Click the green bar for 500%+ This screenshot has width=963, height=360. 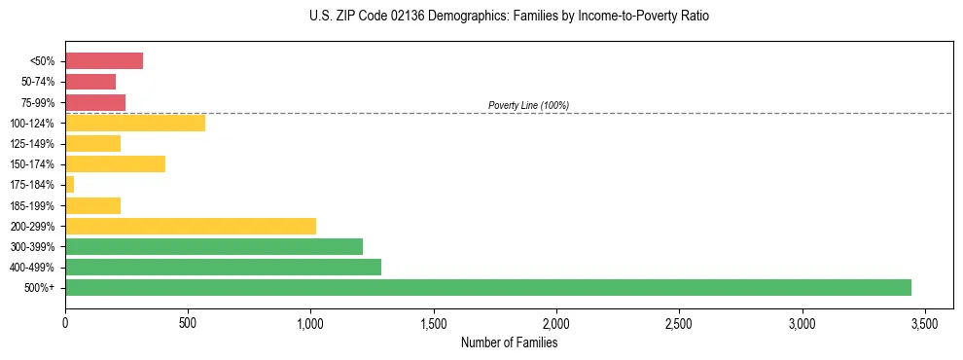tap(487, 287)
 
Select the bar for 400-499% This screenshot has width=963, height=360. tap(223, 267)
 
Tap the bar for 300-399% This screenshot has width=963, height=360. tap(214, 246)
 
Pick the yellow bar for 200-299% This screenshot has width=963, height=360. tap(191, 226)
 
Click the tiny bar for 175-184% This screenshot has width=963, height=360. tap(70, 184)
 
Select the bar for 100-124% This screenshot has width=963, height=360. tap(135, 123)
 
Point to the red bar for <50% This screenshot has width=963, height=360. tap(104, 60)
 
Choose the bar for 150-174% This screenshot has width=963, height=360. tap(115, 163)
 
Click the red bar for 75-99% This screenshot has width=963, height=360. tap(95, 102)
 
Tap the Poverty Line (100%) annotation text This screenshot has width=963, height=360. tap(528, 105)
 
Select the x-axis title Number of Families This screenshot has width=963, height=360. tap(509, 342)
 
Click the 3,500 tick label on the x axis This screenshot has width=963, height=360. tap(925, 322)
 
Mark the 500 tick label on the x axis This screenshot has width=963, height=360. tap(188, 322)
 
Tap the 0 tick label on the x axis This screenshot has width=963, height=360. tap(65, 322)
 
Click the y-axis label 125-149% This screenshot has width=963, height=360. tap(32, 143)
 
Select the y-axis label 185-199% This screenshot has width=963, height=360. tap(32, 205)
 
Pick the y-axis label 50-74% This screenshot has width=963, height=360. tap(37, 82)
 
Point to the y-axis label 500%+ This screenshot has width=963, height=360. tap(41, 287)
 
